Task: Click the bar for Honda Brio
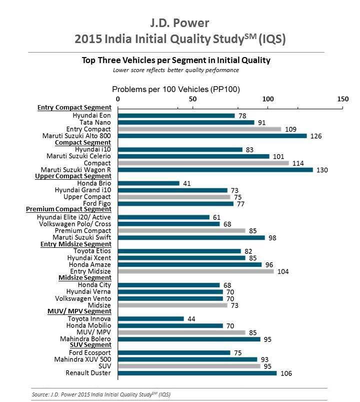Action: pos(148,183)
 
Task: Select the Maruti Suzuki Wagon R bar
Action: pos(215,170)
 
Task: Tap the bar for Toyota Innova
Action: pos(150,319)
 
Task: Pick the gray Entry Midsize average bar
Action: pos(195,271)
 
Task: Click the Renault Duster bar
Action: pos(197,373)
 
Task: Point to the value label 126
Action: pos(315,136)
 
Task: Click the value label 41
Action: pos(186,183)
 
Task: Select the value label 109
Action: pos(289,129)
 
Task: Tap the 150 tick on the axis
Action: pos(342,99)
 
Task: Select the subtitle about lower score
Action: pos(175,70)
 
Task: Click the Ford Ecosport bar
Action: pos(173,352)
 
